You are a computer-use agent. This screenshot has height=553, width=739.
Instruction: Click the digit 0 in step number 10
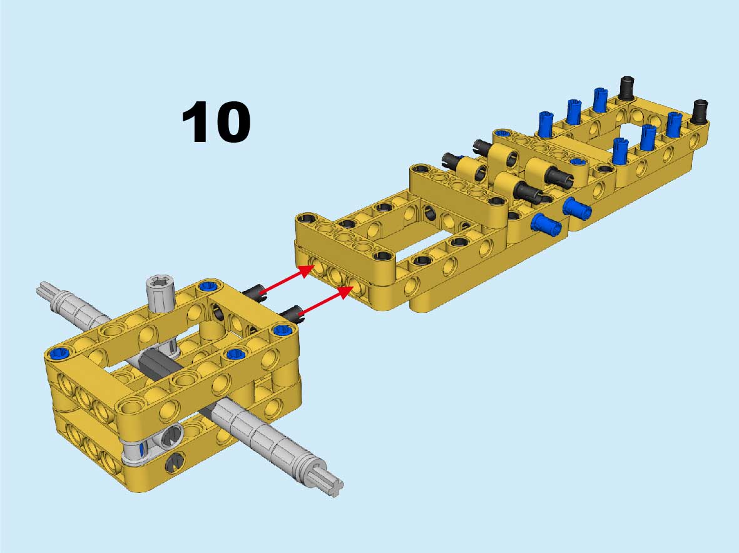(231, 122)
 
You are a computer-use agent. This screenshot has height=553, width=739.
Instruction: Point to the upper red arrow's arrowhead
(307, 271)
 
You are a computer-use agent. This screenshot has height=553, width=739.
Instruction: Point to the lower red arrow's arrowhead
(345, 292)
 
